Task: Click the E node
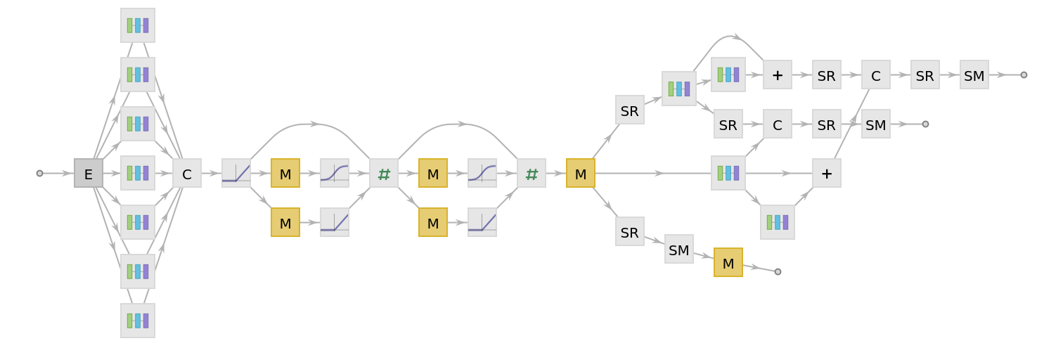click(x=89, y=173)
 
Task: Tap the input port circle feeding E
click(x=39, y=173)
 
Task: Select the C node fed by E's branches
click(x=187, y=173)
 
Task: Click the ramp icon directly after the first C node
click(x=236, y=173)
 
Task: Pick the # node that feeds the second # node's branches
click(x=384, y=173)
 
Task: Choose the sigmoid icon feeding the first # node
click(x=335, y=173)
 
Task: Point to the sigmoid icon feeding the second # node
click(x=482, y=173)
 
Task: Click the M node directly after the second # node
click(x=581, y=173)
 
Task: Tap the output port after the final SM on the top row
click(x=1024, y=75)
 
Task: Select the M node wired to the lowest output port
click(x=728, y=262)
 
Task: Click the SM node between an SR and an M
click(x=679, y=249)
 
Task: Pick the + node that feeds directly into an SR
click(x=778, y=75)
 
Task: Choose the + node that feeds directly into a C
click(x=827, y=173)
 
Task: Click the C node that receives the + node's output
click(x=876, y=75)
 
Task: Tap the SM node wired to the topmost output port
click(x=974, y=75)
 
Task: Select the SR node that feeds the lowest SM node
click(x=630, y=231)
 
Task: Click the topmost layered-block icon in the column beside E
click(x=138, y=25)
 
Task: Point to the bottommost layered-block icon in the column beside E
click(x=138, y=321)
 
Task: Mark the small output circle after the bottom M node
click(x=778, y=271)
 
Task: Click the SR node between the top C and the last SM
click(x=925, y=75)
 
